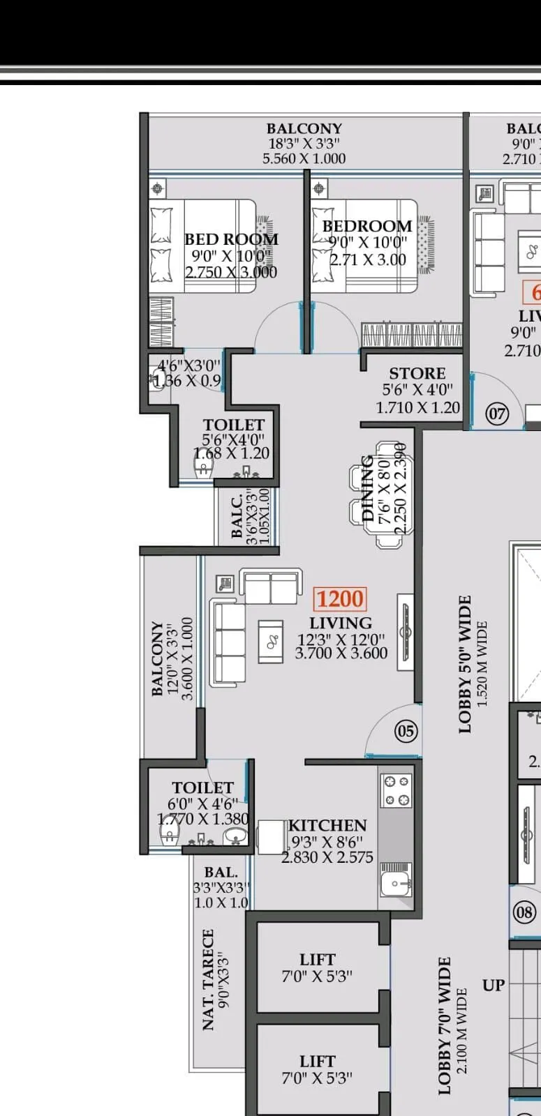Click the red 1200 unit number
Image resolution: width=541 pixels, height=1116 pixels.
click(x=341, y=599)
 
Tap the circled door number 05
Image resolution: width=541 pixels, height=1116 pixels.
click(x=406, y=731)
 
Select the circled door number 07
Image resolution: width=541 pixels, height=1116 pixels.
click(x=497, y=413)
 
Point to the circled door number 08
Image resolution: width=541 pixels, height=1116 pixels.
click(x=525, y=912)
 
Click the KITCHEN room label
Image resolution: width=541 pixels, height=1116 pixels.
click(x=327, y=825)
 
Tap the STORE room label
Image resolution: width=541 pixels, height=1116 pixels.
click(x=417, y=373)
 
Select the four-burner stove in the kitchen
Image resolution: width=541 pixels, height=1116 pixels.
click(x=396, y=791)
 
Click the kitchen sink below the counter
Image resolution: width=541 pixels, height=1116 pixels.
click(x=396, y=884)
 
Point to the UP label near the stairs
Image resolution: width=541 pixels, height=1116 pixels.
click(x=493, y=985)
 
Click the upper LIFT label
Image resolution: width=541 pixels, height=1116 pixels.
click(x=318, y=959)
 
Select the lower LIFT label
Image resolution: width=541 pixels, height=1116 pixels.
click(x=318, y=1061)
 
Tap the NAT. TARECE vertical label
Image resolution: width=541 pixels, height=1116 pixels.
click(x=208, y=979)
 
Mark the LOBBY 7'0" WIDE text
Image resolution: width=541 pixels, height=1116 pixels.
click(x=445, y=1025)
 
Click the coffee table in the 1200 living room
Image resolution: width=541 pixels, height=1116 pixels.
click(x=271, y=641)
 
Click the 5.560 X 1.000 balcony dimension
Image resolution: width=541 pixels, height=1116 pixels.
click(x=304, y=158)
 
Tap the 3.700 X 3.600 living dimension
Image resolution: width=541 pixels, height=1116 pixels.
click(x=341, y=653)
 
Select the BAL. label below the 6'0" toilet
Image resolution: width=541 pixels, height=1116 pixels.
click(x=221, y=872)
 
